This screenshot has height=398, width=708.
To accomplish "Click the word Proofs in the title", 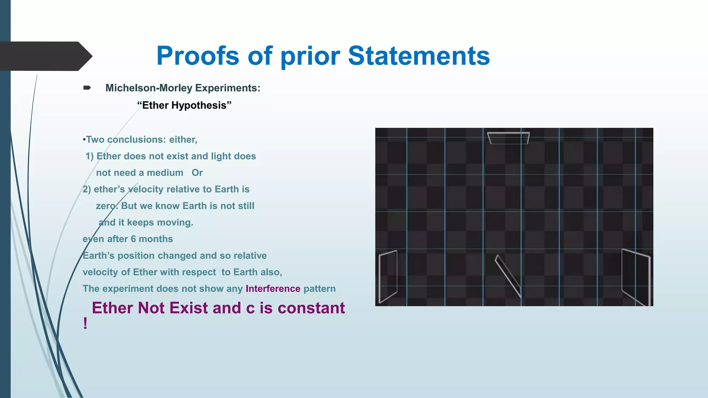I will pyautogui.click(x=197, y=56).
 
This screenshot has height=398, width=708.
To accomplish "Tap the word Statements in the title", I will pyautogui.click(x=419, y=56).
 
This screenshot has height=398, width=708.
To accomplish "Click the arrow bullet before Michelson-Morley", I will pyautogui.click(x=87, y=88).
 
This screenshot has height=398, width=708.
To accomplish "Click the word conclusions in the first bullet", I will pyautogui.click(x=137, y=140).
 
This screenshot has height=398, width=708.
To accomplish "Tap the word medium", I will pyautogui.click(x=165, y=173).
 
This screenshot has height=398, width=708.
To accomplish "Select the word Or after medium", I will pyautogui.click(x=197, y=173).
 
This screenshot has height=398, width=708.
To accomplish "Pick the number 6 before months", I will pyautogui.click(x=133, y=239).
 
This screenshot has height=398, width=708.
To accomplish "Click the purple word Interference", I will pyautogui.click(x=273, y=289).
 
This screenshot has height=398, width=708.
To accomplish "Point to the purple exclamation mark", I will pyautogui.click(x=85, y=324).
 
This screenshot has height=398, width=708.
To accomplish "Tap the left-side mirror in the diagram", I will pyautogui.click(x=388, y=277).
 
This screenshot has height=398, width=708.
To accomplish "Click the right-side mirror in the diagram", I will pyautogui.click(x=636, y=277).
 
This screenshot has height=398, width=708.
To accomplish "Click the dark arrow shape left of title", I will pyautogui.click(x=45, y=56).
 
